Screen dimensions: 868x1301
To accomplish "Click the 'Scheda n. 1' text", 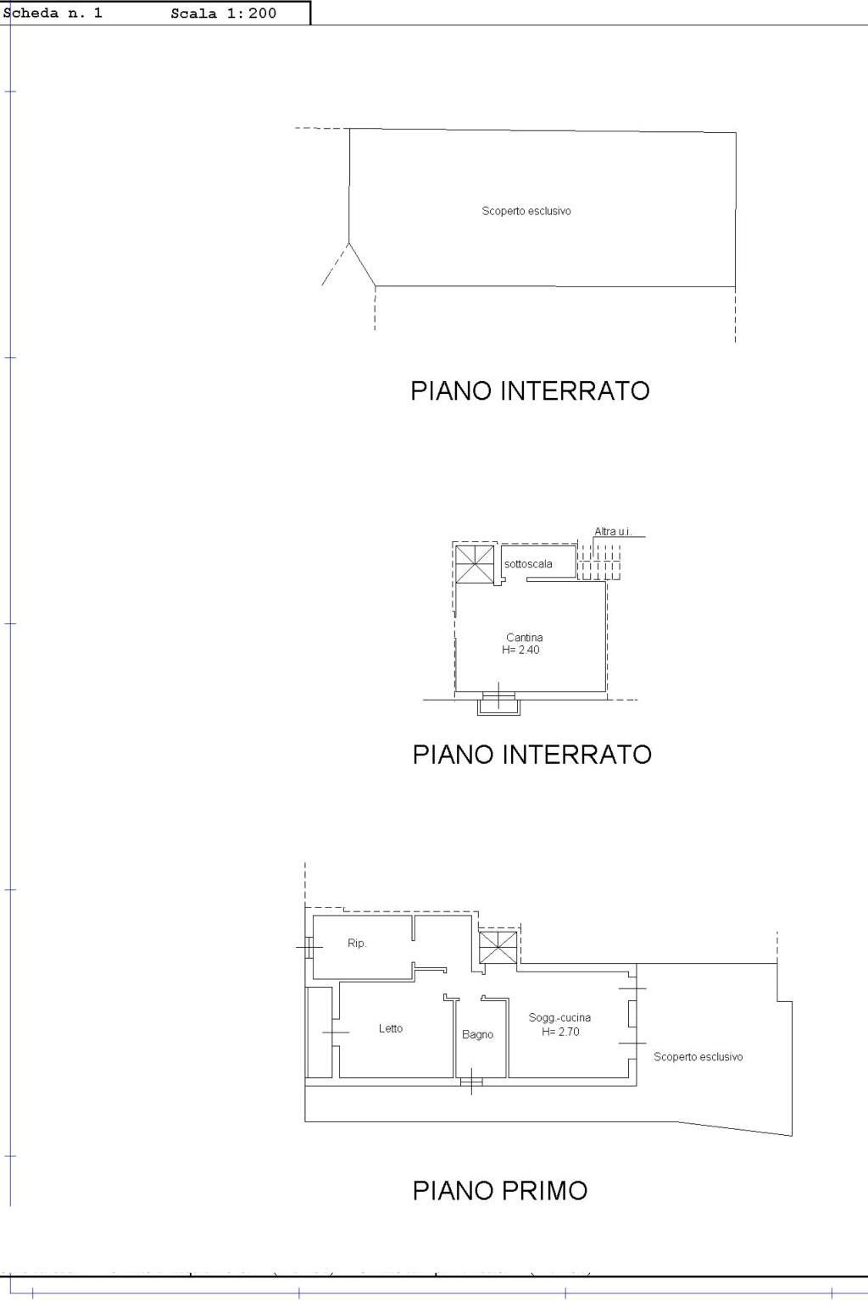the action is point(53,14).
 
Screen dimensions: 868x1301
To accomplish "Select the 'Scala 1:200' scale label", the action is point(223,14).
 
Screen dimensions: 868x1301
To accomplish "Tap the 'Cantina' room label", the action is point(525,637).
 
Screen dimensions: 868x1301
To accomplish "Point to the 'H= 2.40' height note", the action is point(521,650).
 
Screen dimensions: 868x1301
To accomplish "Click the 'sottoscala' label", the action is point(528,564).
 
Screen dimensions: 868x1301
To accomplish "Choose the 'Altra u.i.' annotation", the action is point(613,531).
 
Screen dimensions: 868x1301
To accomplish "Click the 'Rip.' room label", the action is point(357,944).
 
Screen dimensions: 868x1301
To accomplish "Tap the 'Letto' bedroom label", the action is point(391,1028).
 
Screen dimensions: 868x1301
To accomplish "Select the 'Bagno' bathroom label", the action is point(478,1034).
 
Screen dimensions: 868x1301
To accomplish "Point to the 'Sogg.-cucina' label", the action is point(559,1017).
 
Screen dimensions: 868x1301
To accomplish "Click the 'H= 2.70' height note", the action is point(560,1032).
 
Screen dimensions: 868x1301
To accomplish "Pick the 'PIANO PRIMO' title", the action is point(500,1191).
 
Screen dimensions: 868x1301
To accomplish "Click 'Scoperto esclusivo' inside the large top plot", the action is point(526,211).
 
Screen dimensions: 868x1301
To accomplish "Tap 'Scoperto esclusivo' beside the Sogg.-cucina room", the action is point(698,1056).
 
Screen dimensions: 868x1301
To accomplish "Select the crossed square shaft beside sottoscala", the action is point(475,564).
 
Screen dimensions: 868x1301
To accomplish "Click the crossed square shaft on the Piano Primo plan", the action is point(498,947).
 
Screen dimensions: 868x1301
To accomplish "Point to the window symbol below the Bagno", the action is point(471,1082).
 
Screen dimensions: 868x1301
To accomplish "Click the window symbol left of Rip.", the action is point(309,947).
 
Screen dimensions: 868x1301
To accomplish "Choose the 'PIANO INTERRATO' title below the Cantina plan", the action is point(532,755).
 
